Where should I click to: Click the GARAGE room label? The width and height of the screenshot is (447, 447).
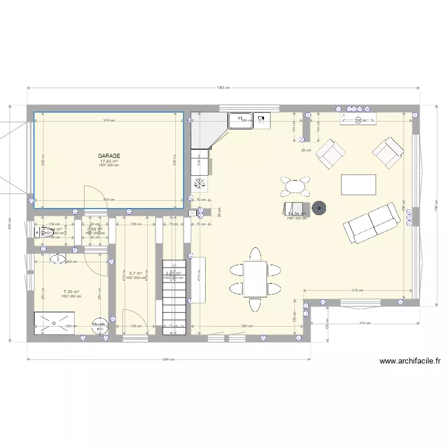109,156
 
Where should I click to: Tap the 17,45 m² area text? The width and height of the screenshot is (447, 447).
109,161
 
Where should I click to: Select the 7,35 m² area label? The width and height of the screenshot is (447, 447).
72,292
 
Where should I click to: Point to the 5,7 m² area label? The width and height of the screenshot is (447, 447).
135,274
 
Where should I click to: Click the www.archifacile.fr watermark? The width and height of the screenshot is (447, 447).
409,361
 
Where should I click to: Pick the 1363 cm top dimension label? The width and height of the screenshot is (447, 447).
223,88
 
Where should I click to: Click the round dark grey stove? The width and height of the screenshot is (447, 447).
321,208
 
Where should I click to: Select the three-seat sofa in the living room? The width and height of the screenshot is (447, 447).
371,222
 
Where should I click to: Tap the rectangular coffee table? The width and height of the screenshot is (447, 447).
358,184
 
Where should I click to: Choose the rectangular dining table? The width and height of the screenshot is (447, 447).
255,280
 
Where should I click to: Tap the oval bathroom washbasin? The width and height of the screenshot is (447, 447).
57,259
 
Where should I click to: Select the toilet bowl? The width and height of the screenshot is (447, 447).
43,233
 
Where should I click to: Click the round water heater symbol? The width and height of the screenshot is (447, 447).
97,325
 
